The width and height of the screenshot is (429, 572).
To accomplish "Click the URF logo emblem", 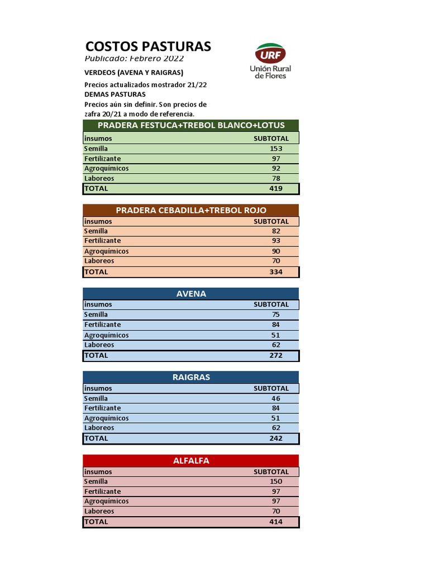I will click(270, 54).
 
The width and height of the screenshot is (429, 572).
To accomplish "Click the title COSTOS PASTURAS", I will click(148, 46).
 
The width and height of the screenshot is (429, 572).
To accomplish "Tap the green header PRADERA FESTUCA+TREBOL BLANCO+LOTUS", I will click(191, 125).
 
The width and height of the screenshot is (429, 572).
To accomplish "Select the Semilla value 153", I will click(276, 149).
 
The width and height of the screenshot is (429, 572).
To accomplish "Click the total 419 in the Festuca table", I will click(276, 189).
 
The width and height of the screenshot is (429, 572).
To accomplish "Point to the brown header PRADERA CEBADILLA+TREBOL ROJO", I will click(191, 210).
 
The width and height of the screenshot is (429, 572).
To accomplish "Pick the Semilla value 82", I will click(276, 231).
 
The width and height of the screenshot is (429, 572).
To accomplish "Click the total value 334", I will click(276, 272).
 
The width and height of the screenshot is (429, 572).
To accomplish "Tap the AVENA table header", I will click(191, 294).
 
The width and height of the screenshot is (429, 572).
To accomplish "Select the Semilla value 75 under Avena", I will click(276, 314).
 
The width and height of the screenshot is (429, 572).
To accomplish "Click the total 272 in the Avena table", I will click(276, 355).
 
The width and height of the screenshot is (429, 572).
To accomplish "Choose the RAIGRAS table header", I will click(191, 377).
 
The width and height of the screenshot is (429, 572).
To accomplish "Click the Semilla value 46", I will click(276, 398).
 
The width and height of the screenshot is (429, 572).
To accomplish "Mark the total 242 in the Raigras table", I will click(276, 438).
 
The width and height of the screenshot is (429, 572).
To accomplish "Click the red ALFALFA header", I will click(191, 461).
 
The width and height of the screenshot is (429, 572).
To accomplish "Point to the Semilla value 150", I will click(276, 482).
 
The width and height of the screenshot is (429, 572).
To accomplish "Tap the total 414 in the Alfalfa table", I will click(276, 522).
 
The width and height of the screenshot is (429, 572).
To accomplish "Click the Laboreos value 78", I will click(276, 179).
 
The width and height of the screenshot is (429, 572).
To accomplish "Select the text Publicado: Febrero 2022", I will click(134, 59).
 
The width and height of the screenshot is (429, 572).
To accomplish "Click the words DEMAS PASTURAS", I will click(115, 94).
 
